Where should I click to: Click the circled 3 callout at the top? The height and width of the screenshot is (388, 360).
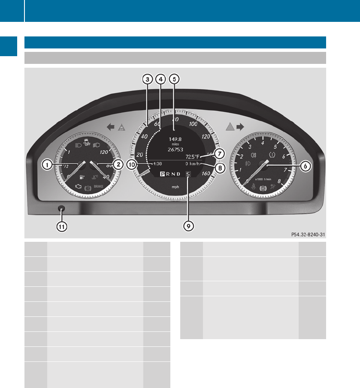(x=147, y=79)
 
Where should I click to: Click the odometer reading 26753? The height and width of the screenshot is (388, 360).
(x=175, y=150)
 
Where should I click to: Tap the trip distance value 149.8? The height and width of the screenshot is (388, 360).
(x=175, y=139)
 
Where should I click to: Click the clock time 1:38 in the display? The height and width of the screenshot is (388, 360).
(x=157, y=164)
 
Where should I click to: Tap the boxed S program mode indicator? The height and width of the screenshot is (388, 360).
(x=188, y=174)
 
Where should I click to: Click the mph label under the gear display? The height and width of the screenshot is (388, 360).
(x=175, y=187)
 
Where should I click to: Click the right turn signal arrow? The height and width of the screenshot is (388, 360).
(x=240, y=126)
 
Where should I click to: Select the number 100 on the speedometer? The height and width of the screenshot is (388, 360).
(x=193, y=124)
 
